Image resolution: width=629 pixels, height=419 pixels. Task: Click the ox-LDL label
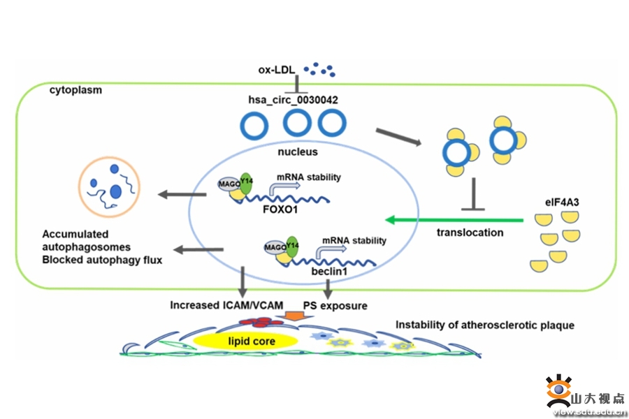[275, 71]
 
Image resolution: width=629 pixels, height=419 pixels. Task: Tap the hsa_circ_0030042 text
[294, 101]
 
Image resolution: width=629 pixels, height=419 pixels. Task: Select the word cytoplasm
[75, 91]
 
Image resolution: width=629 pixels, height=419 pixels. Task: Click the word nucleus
[298, 152]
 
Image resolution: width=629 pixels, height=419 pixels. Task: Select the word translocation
[470, 233]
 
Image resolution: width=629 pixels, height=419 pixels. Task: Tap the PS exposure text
[335, 305]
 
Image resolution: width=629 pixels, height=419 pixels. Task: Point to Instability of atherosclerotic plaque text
[484, 325]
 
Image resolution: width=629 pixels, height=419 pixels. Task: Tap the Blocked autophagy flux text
[102, 260]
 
